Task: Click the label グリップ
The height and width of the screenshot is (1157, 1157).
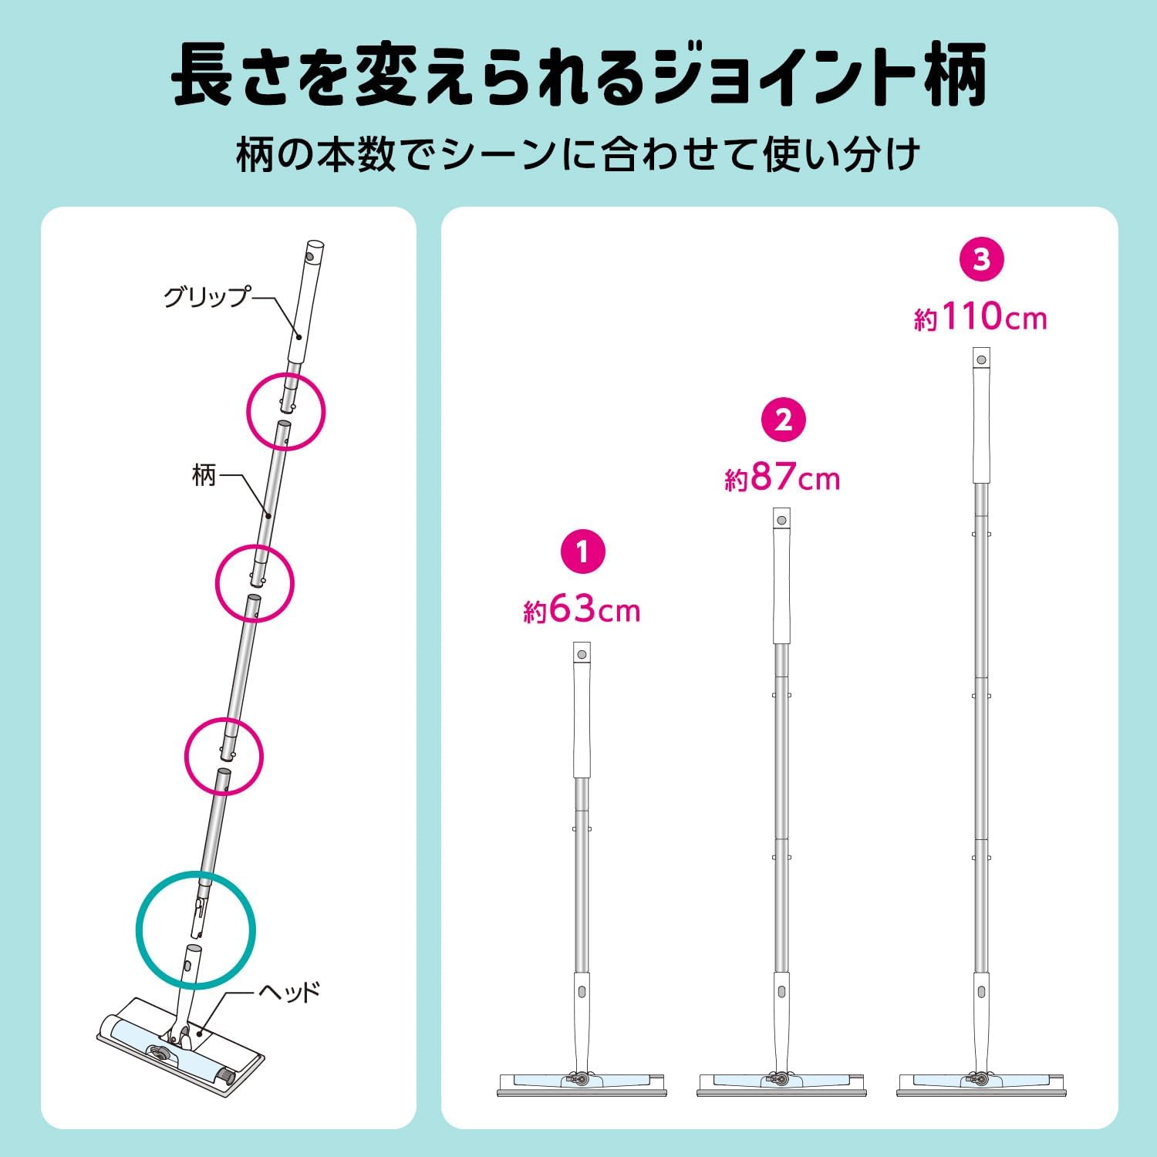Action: click(x=207, y=297)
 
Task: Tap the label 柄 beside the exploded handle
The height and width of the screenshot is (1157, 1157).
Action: click(x=204, y=475)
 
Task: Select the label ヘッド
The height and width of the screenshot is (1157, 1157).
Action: click(x=289, y=991)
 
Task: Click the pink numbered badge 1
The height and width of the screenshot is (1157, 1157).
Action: click(x=582, y=552)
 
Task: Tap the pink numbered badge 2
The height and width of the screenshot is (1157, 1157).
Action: click(x=783, y=420)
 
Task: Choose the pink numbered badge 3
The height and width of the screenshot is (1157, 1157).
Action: click(x=981, y=259)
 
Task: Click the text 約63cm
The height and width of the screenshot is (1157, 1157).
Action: click(x=582, y=611)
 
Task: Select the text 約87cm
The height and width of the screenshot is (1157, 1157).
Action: click(x=782, y=478)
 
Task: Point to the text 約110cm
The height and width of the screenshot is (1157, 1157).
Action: click(x=981, y=316)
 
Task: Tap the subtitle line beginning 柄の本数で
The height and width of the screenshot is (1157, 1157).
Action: click(x=578, y=154)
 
